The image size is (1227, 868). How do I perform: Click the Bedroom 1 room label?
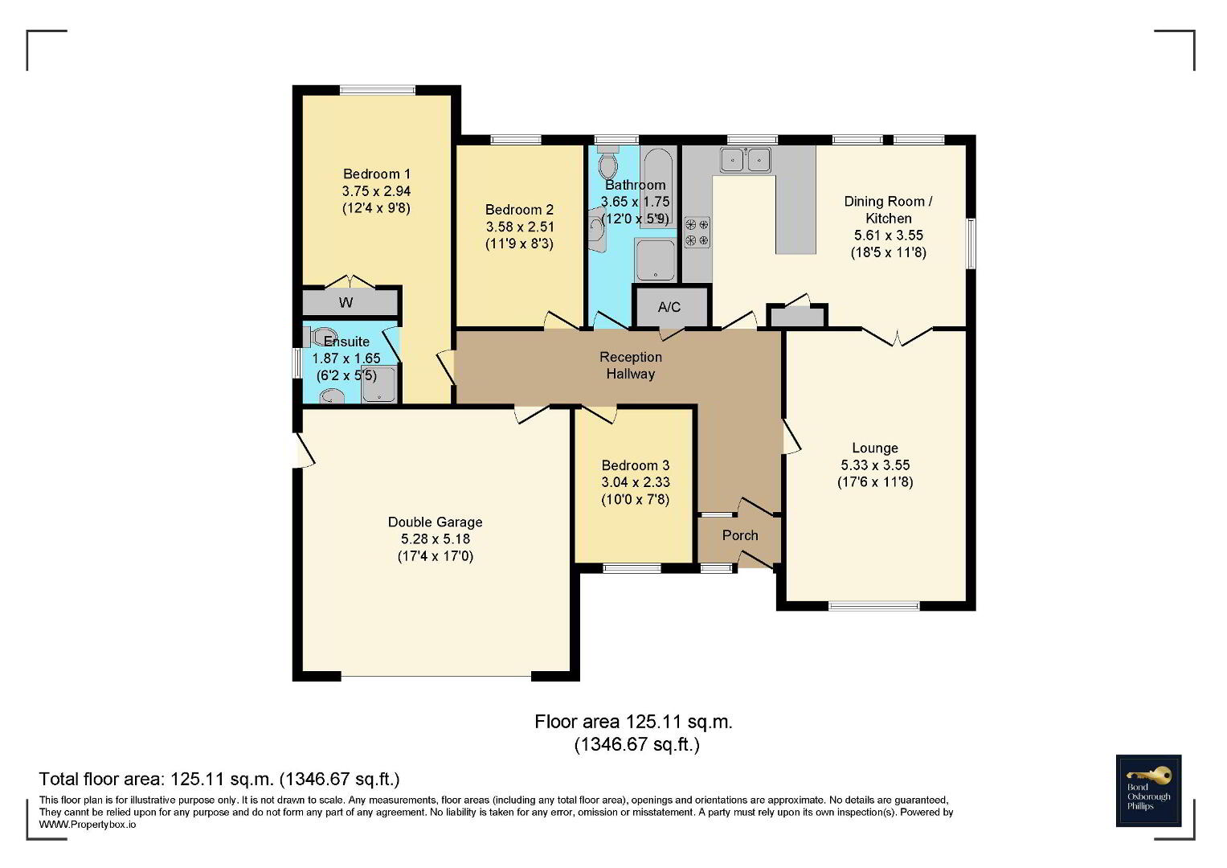[x=376, y=174]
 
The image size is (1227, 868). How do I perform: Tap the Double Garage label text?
[x=435, y=522]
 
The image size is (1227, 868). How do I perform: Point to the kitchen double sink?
[x=746, y=159]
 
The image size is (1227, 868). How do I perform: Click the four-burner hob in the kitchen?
[x=697, y=232]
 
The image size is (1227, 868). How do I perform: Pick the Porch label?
[x=739, y=535]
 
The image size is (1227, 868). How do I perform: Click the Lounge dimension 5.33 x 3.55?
[x=875, y=465]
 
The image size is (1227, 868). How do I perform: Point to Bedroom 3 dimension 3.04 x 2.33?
[x=636, y=482]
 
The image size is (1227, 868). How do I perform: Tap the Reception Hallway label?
[x=631, y=366]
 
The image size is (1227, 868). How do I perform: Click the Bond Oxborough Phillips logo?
[x=1148, y=791]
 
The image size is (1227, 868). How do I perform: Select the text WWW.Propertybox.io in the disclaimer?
[x=87, y=825]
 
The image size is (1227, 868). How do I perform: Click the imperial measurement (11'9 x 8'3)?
[x=519, y=244]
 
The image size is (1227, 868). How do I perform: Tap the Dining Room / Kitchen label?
[x=888, y=210]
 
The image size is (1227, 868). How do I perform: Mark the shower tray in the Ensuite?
[x=379, y=385]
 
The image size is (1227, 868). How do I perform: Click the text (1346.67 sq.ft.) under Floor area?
[x=636, y=745]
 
